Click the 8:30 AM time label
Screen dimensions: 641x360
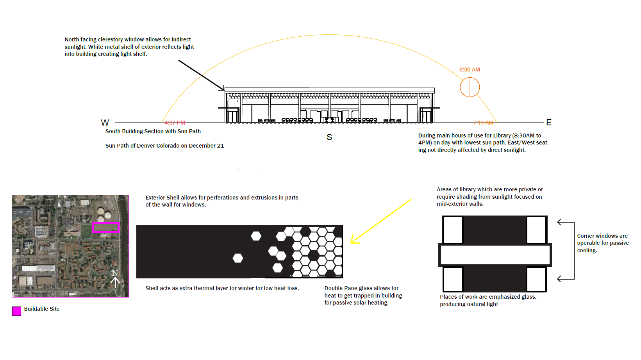[x=470, y=70]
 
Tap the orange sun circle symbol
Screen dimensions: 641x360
[x=470, y=87]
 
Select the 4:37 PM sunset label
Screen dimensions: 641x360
[x=175, y=123]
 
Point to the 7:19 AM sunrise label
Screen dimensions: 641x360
[x=483, y=123]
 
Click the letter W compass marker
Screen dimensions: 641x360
[x=105, y=123]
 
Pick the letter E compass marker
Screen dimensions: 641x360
[x=549, y=123]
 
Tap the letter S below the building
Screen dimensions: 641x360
[x=329, y=137]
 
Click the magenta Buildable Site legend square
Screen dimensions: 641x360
[x=16, y=311]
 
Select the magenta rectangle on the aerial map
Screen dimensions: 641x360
[x=105, y=227]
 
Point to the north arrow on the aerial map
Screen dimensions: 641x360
[x=115, y=280]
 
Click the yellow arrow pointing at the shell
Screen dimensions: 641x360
[x=381, y=221]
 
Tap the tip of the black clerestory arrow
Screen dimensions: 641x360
[x=224, y=90]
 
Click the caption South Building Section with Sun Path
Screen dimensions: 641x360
[x=153, y=131]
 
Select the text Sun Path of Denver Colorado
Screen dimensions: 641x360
[x=164, y=146]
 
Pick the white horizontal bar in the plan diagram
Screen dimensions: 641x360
[x=495, y=255]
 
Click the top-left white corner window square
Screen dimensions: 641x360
[x=453, y=230]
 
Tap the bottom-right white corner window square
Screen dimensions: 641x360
[x=536, y=279]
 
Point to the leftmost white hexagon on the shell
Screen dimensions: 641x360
[x=237, y=258]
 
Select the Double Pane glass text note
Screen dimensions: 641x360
[x=363, y=295]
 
